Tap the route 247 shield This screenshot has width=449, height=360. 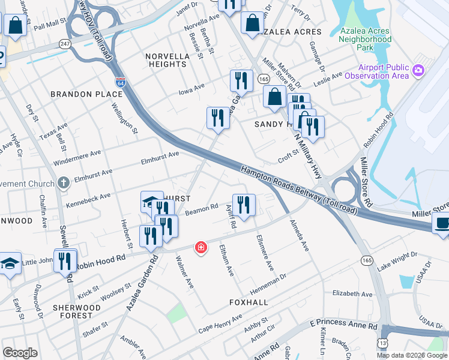pos(64,44)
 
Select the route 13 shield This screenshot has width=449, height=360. pos(382,342)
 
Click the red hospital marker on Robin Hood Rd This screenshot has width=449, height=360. pos(200,247)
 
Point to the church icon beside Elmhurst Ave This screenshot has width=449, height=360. pos(64,183)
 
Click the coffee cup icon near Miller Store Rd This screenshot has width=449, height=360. pos(442,223)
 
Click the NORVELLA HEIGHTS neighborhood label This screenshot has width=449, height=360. pos(167,60)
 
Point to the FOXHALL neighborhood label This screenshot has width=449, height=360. pos(249,302)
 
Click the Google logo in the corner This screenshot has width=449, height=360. pos(20,353)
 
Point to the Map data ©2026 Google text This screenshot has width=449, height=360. pos(412,355)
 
